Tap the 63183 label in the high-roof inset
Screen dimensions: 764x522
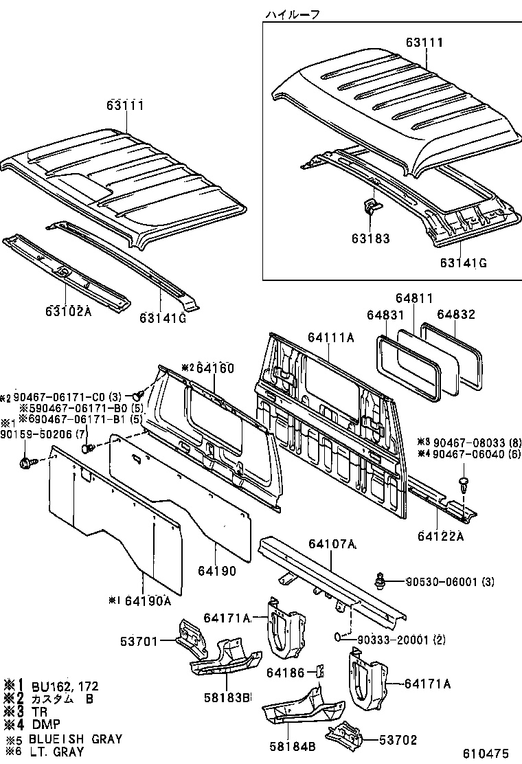pos(368,238)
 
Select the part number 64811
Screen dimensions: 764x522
pos(414,298)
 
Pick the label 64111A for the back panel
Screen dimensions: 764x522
pos(330,337)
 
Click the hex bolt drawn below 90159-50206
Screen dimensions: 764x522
pos(30,463)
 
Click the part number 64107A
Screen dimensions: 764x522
pos(332,544)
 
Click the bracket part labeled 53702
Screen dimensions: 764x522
pos(343,738)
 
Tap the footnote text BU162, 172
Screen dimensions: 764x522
pos(62,685)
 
